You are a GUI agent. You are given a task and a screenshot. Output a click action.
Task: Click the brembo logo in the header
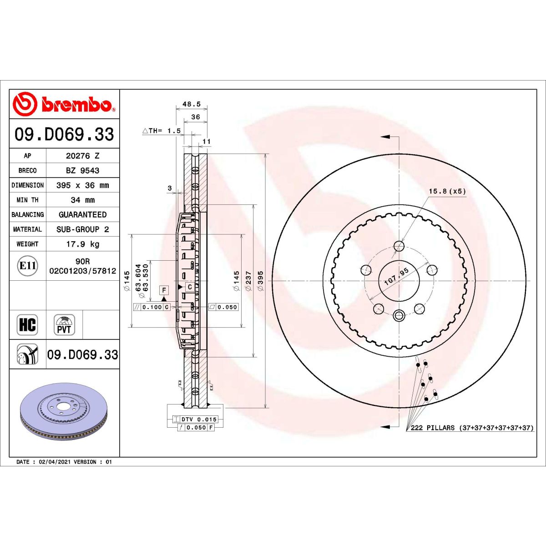64,104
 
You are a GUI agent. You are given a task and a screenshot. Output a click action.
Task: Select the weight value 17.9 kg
82,244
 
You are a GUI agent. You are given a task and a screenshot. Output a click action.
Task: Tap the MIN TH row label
27,200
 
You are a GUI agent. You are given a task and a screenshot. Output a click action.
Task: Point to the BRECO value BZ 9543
82,170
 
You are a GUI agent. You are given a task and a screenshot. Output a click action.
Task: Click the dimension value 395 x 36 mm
82,185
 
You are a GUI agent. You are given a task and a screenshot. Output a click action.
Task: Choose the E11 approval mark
28,266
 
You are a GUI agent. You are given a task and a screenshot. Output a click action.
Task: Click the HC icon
27,325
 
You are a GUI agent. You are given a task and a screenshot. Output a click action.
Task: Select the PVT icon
64,325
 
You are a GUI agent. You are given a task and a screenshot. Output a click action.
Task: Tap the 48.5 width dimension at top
191,104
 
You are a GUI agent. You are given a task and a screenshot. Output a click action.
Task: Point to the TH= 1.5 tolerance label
162,131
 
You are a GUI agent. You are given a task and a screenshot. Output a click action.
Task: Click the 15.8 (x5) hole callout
447,191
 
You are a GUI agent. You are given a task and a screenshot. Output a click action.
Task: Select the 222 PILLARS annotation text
471,428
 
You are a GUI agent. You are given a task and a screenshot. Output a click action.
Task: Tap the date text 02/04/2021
55,462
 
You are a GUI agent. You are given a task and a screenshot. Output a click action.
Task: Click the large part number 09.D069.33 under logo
64,134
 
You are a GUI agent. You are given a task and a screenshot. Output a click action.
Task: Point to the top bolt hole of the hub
399,246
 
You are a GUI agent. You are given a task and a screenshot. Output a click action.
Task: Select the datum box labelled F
164,290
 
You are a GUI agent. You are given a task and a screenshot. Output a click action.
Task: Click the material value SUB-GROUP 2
82,229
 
